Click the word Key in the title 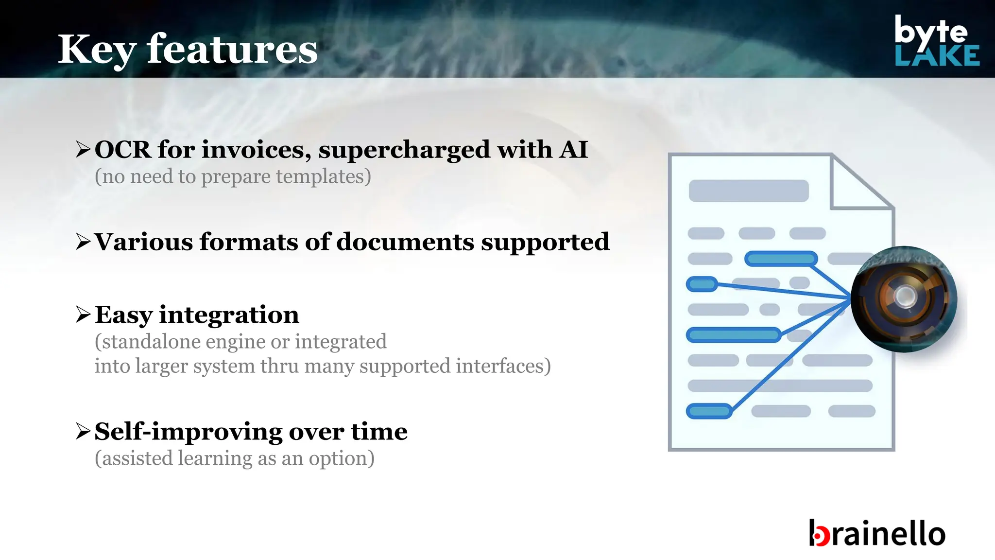96,50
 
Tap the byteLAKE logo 936,41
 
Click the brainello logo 877,533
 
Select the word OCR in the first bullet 123,149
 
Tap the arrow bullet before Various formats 83,242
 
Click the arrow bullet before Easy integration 83,315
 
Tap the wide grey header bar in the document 749,191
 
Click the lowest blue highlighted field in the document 709,411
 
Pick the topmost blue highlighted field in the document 781,259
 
